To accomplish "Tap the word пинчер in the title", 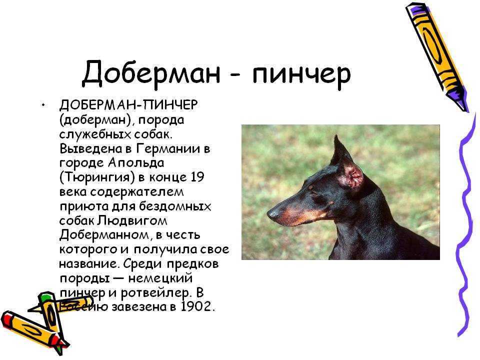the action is click(x=301, y=75).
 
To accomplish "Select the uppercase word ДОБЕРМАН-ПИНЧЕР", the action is click(x=128, y=105).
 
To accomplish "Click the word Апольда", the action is click(x=135, y=163).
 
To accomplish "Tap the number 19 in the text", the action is click(x=197, y=177).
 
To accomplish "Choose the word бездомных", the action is click(x=175, y=206).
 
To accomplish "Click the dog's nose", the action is click(x=272, y=213).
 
